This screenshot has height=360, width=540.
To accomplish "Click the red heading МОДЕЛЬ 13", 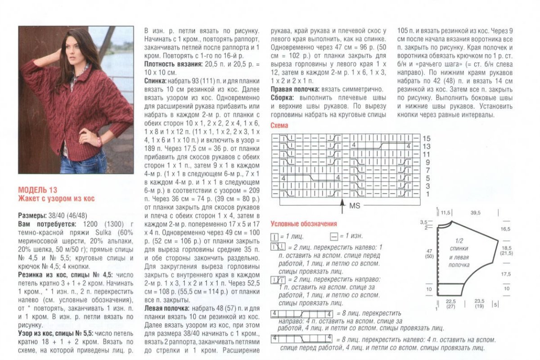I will click(38, 190).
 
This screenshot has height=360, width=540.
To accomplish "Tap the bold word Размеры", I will click(32, 215).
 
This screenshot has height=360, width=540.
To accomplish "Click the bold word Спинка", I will click(154, 81).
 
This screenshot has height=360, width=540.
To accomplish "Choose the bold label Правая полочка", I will click(293, 89).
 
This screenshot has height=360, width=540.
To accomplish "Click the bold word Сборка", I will click(282, 97).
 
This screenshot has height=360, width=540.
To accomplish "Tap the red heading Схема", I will click(279, 126).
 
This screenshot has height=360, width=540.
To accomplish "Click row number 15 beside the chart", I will click(427, 138).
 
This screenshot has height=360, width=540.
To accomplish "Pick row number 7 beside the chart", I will click(427, 170).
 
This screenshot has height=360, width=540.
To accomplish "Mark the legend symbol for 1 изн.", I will click(333, 236).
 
